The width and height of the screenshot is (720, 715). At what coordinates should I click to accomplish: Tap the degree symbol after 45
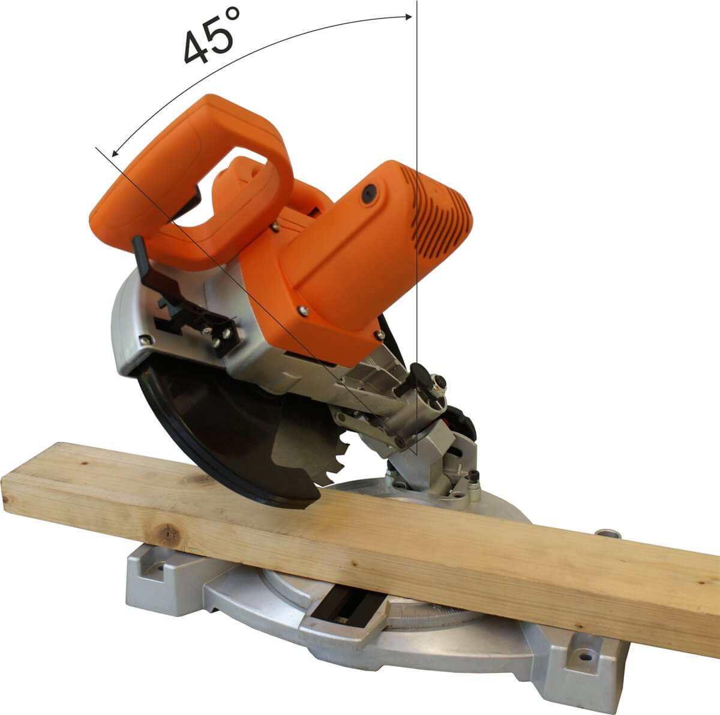(x=232, y=16)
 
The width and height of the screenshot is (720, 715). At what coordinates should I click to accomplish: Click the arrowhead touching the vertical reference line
(x=408, y=16)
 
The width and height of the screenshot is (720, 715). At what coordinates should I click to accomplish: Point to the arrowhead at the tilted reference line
(x=115, y=152)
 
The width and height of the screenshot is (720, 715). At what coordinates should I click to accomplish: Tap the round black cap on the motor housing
(x=370, y=193)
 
